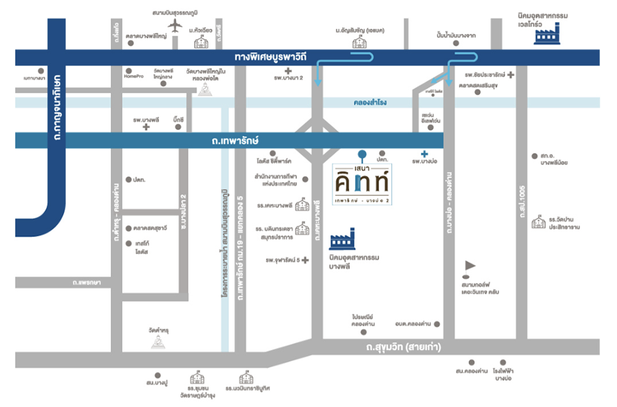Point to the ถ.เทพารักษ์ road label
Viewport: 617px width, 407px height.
(x=229, y=140)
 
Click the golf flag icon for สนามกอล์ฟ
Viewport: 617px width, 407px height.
(x=470, y=264)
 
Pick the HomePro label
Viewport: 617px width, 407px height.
(x=132, y=77)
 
